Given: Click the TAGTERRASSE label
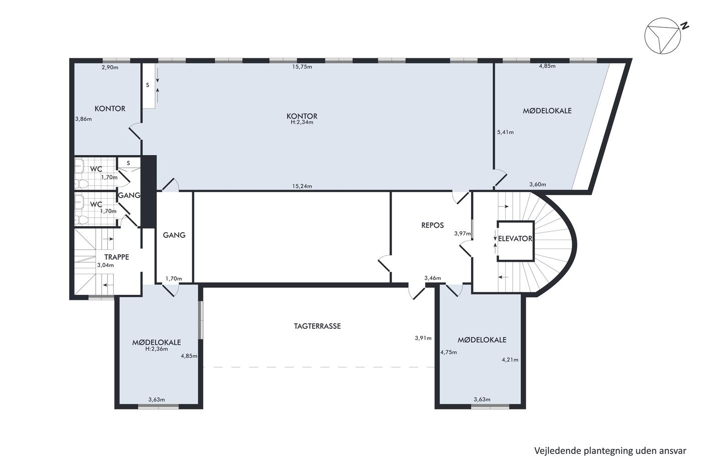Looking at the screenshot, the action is click(317, 326).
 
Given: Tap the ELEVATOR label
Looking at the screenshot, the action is click(515, 239).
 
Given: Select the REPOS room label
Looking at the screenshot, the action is click(433, 225).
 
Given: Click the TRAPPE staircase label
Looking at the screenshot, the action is click(116, 257).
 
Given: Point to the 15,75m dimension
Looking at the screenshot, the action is click(302, 67).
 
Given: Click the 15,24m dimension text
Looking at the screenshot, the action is click(302, 186).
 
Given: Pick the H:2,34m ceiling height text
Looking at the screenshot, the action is click(302, 122).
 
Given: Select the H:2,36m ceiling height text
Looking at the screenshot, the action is click(156, 349).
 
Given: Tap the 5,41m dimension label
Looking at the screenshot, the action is click(505, 132).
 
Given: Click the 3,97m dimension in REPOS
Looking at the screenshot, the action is click(463, 233).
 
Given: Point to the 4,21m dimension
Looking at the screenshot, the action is click(510, 360).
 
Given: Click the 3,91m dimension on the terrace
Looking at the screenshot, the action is click(423, 338).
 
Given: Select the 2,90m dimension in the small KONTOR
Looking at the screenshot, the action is click(110, 67).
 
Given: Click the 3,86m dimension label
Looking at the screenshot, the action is click(84, 119).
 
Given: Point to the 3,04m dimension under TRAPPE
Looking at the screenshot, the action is click(106, 265).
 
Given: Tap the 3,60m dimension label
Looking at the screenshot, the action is click(538, 185).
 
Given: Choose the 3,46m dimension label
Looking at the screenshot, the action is click(433, 278).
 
